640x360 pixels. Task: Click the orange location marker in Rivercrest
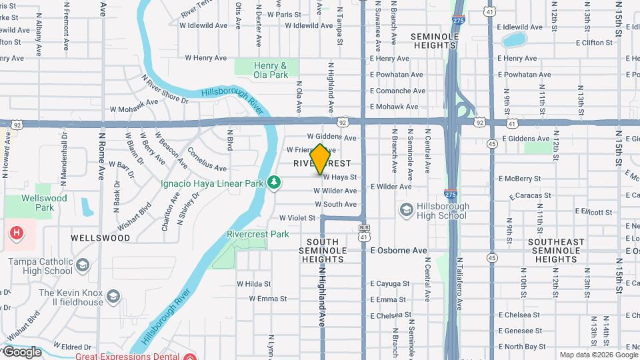pos(320,159)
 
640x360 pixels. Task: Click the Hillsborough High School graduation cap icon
pos(406,211)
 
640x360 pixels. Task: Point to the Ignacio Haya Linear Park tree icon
pos(274,182)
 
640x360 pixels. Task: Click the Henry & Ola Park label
pos(271,70)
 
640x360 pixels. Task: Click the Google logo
pos(21,352)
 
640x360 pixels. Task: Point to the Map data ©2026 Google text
pos(597,355)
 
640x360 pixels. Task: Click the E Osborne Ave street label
pos(399,251)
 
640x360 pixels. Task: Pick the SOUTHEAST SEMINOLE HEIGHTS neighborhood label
pos(555,250)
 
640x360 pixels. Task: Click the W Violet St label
pos(297,217)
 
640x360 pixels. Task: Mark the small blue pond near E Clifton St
pos(514,39)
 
